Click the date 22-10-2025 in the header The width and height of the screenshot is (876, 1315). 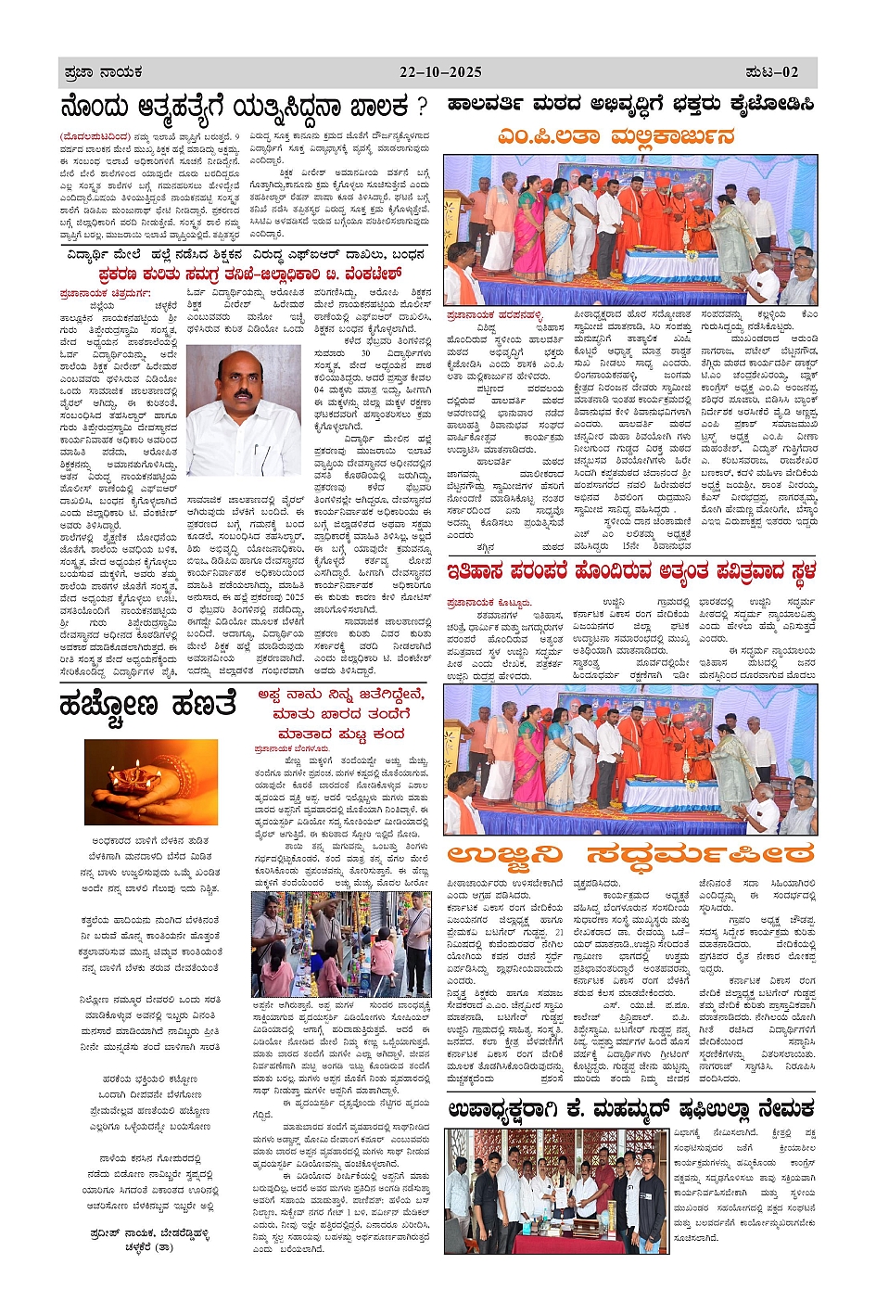(x=441, y=72)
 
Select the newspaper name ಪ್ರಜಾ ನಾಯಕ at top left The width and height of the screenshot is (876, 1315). (x=104, y=72)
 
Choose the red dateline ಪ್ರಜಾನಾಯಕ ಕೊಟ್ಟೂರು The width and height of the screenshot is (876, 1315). (x=489, y=603)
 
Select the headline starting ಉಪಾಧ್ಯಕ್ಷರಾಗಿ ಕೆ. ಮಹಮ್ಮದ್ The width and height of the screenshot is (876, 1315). (x=630, y=1108)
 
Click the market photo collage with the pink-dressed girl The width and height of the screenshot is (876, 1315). (x=341, y=945)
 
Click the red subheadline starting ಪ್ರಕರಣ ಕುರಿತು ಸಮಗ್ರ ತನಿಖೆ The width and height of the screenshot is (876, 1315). (x=250, y=274)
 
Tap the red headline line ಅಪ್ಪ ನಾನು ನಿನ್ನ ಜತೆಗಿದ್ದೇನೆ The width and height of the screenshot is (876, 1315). (x=341, y=695)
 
